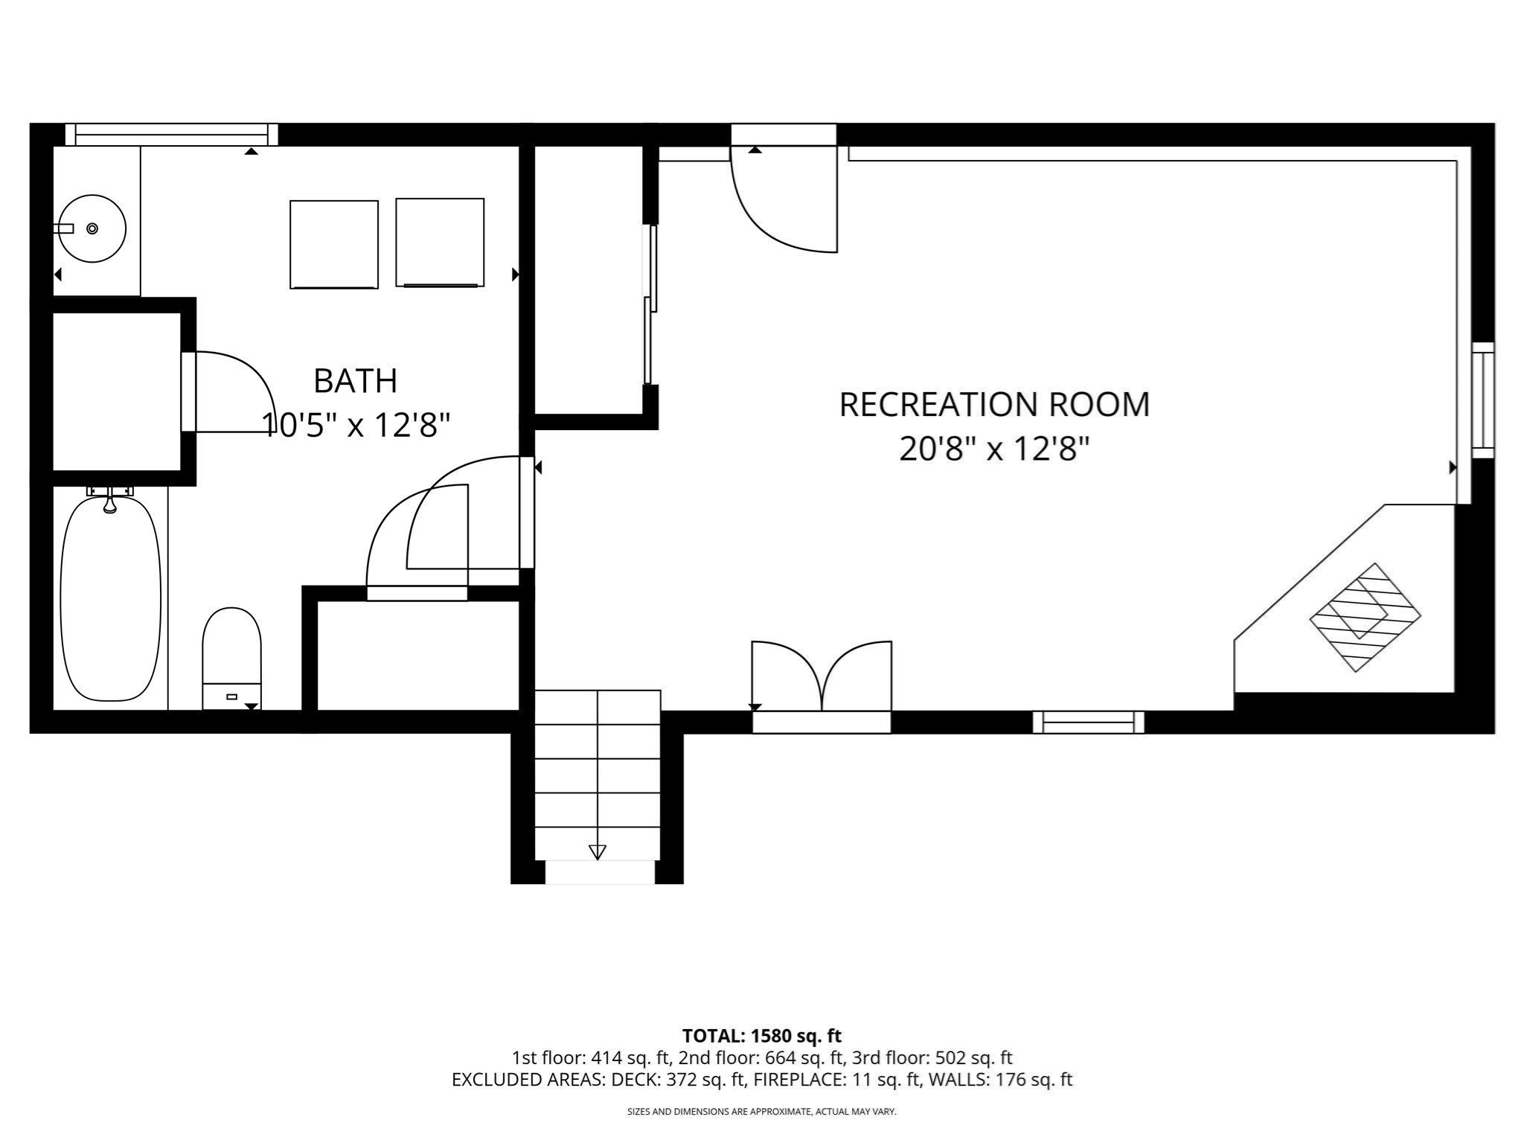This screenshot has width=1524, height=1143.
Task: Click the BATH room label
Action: pyautogui.click(x=355, y=381)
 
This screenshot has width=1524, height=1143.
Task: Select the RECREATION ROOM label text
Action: pyautogui.click(x=994, y=405)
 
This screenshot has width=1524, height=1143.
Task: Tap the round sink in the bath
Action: pyautogui.click(x=92, y=228)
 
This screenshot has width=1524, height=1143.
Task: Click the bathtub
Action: pyautogui.click(x=110, y=599)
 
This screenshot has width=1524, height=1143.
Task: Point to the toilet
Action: pyautogui.click(x=231, y=655)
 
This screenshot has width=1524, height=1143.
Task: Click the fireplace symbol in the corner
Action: pyautogui.click(x=1365, y=617)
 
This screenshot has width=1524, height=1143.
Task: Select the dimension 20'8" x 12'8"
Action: pyautogui.click(x=994, y=449)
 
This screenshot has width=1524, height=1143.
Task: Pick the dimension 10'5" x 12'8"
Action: pyautogui.click(x=356, y=426)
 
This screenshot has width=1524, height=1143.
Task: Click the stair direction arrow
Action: pyautogui.click(x=597, y=852)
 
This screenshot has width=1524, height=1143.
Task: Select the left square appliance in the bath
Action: pyautogui.click(x=333, y=244)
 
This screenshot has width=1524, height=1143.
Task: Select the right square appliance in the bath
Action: pyautogui.click(x=440, y=243)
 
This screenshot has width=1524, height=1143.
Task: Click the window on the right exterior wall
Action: pyautogui.click(x=1482, y=400)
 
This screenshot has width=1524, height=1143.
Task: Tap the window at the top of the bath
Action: pyautogui.click(x=171, y=135)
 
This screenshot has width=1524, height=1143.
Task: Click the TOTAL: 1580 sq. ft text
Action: pyautogui.click(x=761, y=1036)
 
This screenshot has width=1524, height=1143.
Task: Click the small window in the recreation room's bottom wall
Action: pyautogui.click(x=1088, y=722)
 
